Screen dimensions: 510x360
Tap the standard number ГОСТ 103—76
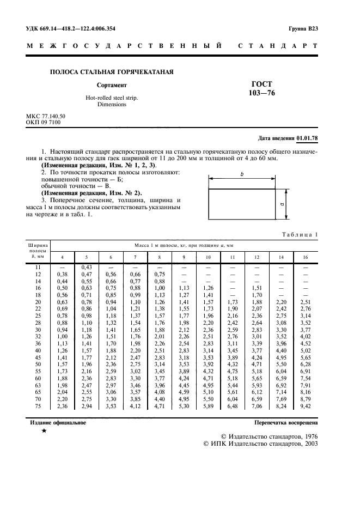tap(261, 88)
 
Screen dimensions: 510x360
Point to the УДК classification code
tap(71, 28)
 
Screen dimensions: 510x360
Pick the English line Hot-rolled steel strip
tap(112, 98)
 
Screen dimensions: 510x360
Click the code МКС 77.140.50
tap(46, 117)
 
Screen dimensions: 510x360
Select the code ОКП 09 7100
tap(44, 123)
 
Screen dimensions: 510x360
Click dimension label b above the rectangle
tap(241, 174)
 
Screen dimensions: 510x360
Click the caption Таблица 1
tap(299, 234)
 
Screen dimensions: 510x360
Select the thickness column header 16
tap(305, 257)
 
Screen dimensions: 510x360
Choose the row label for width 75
tap(38, 406)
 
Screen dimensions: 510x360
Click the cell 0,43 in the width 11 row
tap(86, 266)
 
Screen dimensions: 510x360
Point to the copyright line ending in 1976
tap(269, 437)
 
